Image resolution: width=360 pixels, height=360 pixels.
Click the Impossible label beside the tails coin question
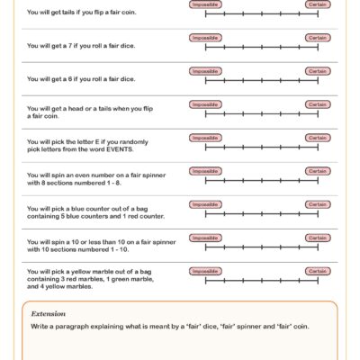[x=205, y=4]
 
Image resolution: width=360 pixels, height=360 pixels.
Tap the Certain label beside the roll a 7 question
[x=317, y=38]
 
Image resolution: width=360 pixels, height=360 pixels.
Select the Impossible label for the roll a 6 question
[x=205, y=71]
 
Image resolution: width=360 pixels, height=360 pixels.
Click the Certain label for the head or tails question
[x=317, y=104]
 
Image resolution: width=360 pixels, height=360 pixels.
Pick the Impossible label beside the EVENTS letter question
[x=205, y=138]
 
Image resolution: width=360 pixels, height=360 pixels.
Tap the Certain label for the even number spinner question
[x=317, y=171]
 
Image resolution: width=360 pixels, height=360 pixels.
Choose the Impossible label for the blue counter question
[x=205, y=204]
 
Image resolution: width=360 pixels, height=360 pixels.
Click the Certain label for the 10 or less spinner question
[x=317, y=238]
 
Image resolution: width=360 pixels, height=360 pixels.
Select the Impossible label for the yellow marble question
[x=205, y=271]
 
